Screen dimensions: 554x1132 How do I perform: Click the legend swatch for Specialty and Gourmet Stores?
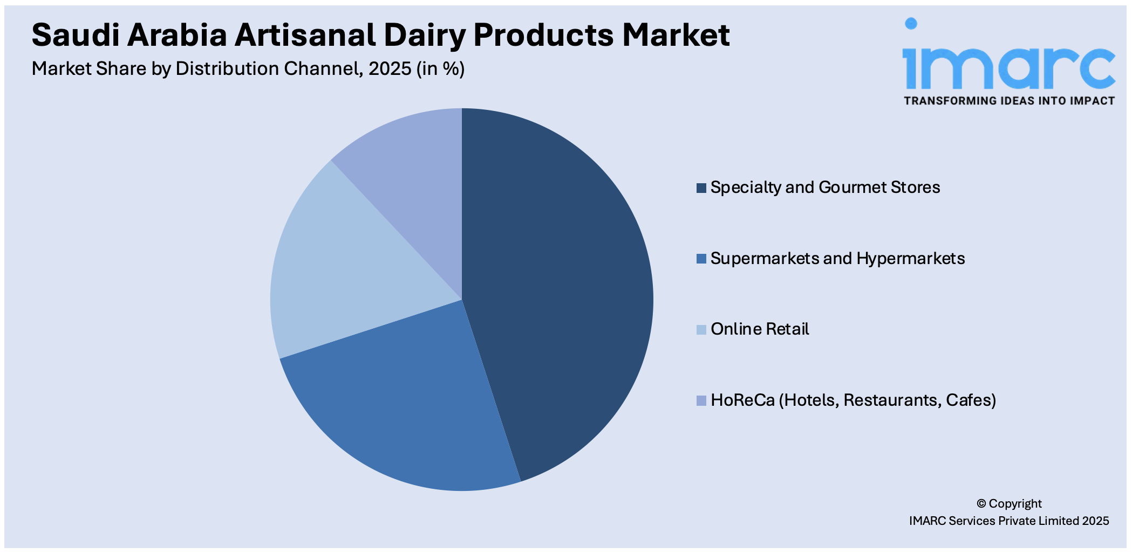coord(701,188)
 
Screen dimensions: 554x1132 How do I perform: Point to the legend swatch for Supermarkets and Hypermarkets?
coord(701,259)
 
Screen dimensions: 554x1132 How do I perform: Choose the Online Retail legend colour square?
coord(701,330)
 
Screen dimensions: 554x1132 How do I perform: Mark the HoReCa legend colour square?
coord(701,401)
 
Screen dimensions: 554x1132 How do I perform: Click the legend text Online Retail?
coord(760,329)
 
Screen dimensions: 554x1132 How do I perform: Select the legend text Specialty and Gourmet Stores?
coord(825,188)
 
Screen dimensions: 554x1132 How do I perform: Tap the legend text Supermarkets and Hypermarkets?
coord(837,259)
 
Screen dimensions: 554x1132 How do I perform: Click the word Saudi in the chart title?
coord(76,35)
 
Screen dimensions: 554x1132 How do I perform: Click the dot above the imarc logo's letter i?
coord(911,23)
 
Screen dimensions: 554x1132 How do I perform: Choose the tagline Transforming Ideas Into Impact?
coord(1009,101)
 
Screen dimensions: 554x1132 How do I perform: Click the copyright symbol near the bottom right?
coord(981,504)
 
